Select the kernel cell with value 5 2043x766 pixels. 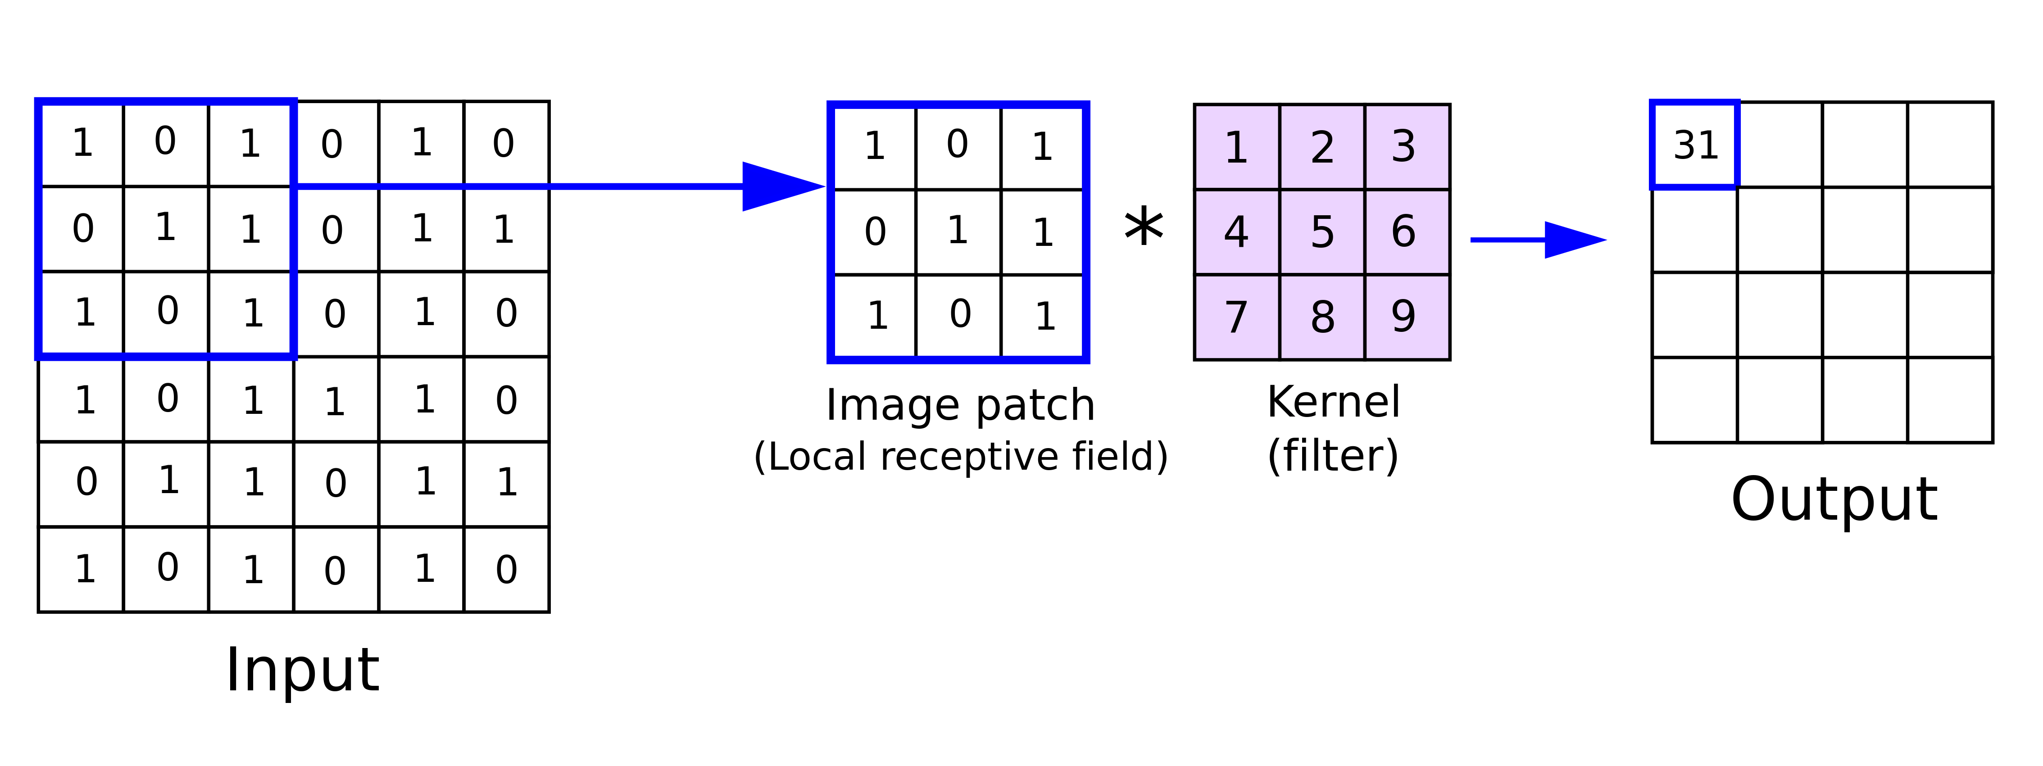click(x=1322, y=231)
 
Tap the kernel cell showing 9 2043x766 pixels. click(x=1406, y=317)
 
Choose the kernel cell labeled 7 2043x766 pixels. click(x=1236, y=317)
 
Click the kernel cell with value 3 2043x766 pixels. click(x=1406, y=147)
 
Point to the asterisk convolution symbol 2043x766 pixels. click(x=1144, y=228)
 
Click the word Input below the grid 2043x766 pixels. click(x=302, y=670)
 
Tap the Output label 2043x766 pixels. click(x=1834, y=499)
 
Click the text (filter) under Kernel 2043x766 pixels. click(x=1333, y=455)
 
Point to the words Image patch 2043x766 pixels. click(x=960, y=405)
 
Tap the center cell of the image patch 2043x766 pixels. click(x=958, y=231)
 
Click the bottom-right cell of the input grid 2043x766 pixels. click(x=506, y=569)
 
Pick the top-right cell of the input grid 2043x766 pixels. click(x=506, y=144)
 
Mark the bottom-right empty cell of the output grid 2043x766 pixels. click(x=1949, y=399)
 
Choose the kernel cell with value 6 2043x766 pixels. click(x=1406, y=231)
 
